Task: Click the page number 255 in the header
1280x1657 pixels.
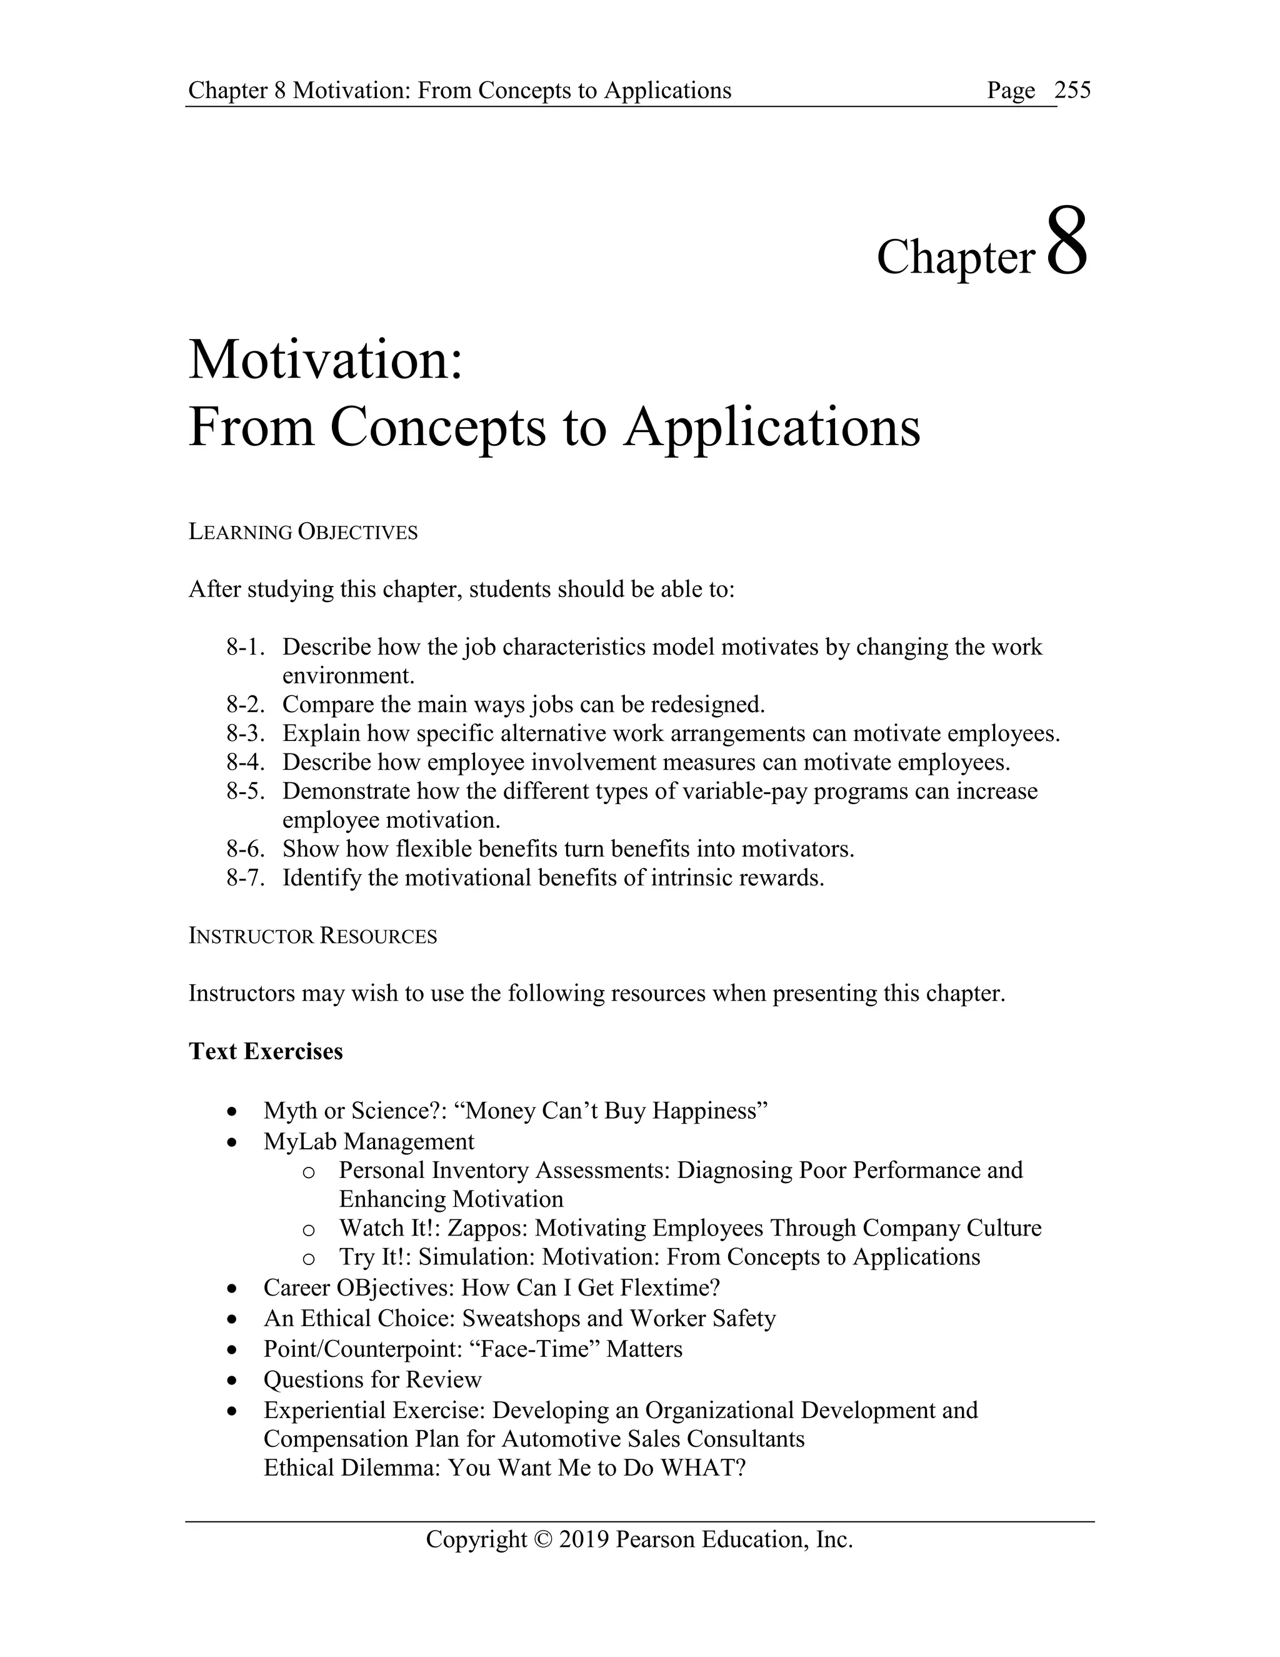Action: pyautogui.click(x=1072, y=90)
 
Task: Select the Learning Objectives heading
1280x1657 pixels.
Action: pyautogui.click(x=302, y=533)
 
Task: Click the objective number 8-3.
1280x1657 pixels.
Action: pyautogui.click(x=245, y=733)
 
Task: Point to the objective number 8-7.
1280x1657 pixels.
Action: pyautogui.click(x=245, y=878)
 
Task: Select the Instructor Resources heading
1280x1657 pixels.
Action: pyautogui.click(x=312, y=936)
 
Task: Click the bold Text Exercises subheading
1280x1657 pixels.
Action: pyautogui.click(x=266, y=1052)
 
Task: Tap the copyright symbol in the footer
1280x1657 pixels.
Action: pyautogui.click(x=543, y=1539)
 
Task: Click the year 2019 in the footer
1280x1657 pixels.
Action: pyautogui.click(x=583, y=1539)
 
